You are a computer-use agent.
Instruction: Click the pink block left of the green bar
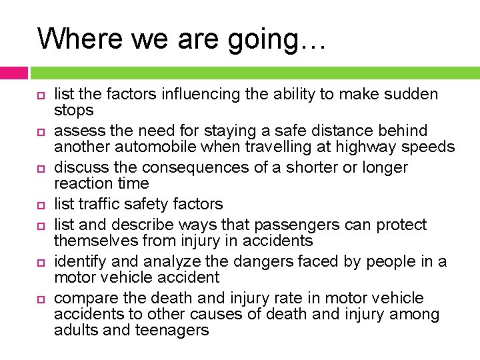point(14,73)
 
